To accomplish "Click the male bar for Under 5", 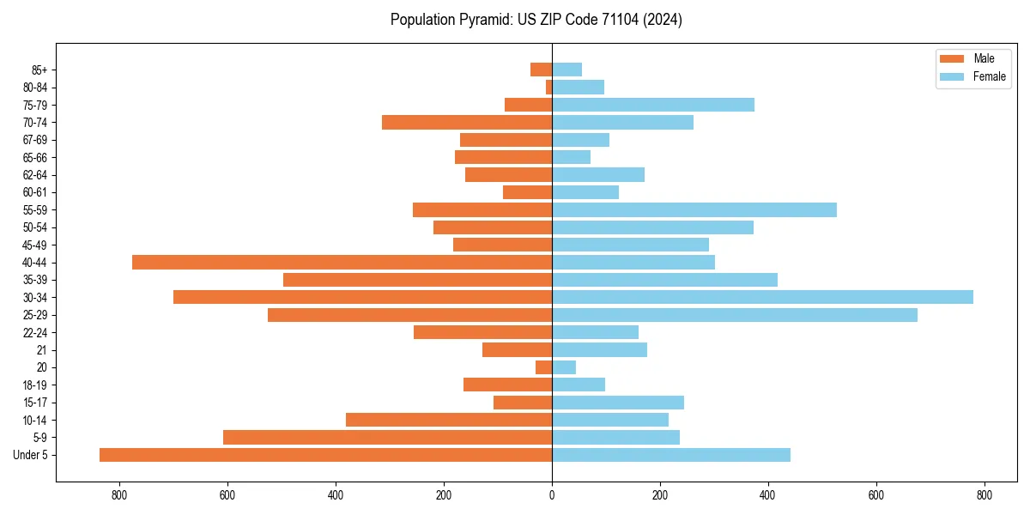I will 326,455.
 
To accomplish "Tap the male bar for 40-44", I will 342,262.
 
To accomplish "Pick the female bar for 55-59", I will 694,209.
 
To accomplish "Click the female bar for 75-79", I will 653,105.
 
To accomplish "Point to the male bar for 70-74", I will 467,122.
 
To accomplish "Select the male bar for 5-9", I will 388,437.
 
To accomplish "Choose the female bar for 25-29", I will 735,315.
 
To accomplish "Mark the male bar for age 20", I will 544,367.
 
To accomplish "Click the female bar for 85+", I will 567,70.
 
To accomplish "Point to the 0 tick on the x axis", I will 552,495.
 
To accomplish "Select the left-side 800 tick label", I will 119,495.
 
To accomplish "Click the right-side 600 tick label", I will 876,495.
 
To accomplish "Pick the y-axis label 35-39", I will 35,280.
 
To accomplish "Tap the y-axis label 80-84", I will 35,88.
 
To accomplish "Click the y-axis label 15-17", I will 35,403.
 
